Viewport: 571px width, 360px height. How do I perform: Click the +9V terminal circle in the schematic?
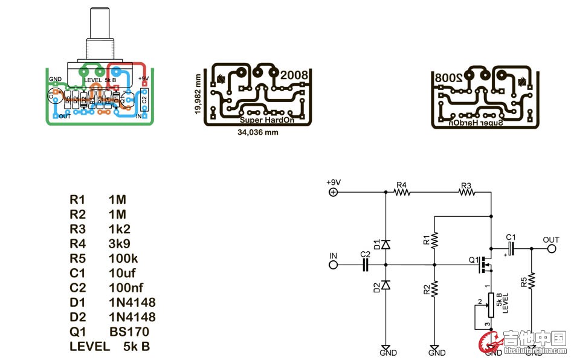click(332, 193)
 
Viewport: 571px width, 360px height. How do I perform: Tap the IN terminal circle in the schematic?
click(333, 265)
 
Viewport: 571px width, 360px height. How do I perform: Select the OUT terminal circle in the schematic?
click(551, 248)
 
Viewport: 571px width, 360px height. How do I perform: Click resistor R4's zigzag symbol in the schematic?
click(402, 193)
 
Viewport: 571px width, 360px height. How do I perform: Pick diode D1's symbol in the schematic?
click(386, 245)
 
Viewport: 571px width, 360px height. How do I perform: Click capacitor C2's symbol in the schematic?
click(365, 265)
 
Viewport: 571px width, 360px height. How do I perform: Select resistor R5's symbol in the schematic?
click(532, 281)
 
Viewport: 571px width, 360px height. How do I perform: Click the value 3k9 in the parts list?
click(120, 243)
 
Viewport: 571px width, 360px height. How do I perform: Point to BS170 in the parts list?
click(129, 332)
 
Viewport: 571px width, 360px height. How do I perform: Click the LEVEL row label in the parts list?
click(90, 347)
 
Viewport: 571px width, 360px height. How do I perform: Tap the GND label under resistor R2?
click(436, 353)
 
